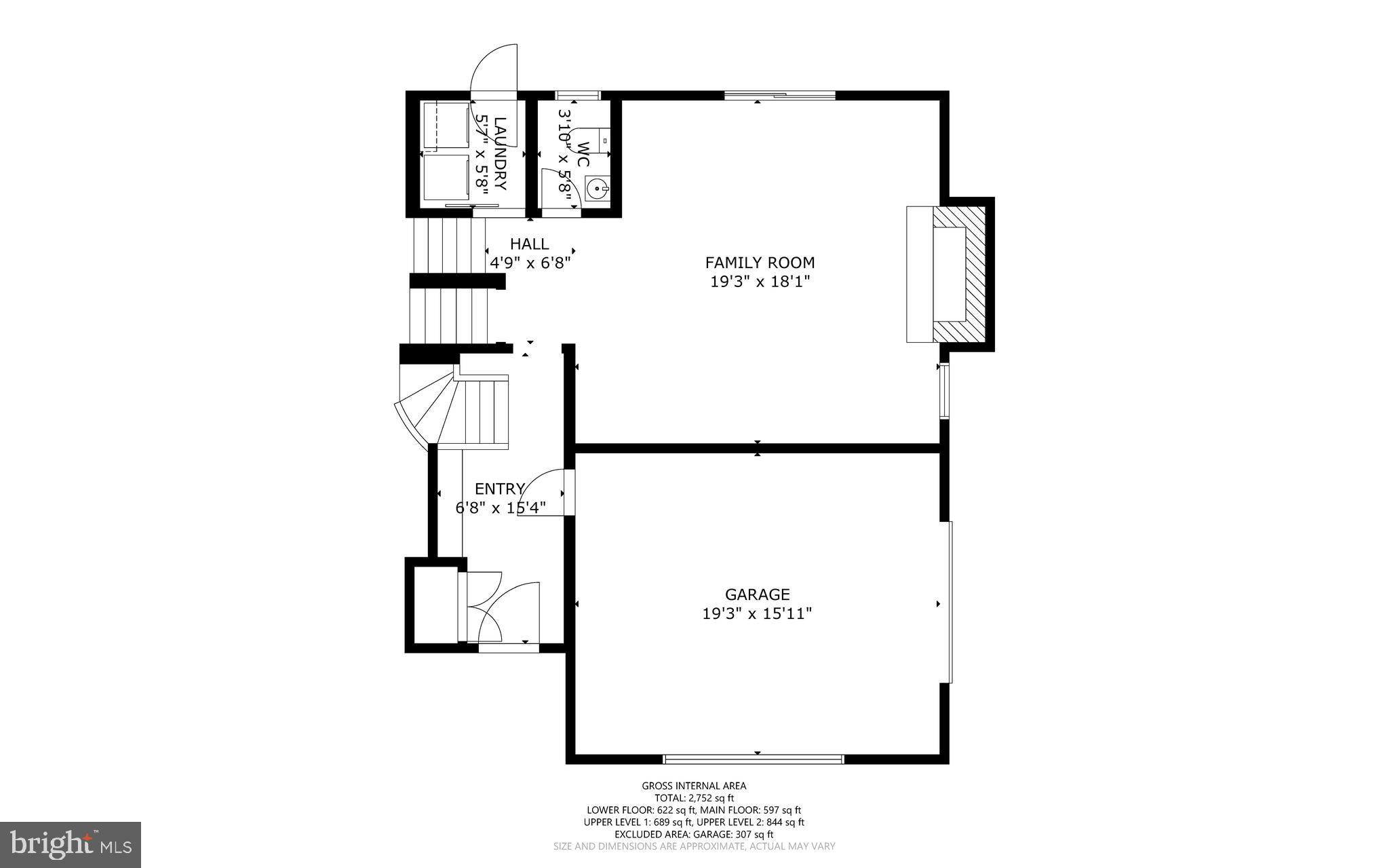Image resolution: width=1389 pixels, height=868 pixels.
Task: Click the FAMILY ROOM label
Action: click(x=760, y=263)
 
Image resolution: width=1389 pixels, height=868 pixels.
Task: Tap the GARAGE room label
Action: click(x=757, y=595)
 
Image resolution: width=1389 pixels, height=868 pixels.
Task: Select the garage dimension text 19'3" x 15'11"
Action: click(x=757, y=614)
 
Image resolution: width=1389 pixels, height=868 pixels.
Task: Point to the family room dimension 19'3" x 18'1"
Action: click(x=760, y=282)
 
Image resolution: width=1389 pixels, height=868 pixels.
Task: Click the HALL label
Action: click(x=529, y=244)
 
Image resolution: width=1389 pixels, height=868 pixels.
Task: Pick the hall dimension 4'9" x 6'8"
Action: click(x=530, y=262)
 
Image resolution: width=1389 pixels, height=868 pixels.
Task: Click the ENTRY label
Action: click(x=499, y=489)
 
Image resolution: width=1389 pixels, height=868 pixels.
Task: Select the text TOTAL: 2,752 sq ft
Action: click(x=694, y=798)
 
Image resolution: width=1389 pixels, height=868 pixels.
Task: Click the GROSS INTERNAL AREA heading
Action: click(x=694, y=786)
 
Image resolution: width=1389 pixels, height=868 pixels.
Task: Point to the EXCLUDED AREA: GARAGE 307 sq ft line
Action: click(x=694, y=834)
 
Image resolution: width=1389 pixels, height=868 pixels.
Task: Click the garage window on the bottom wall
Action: click(x=753, y=759)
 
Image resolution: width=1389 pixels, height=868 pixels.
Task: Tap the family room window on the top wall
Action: click(x=779, y=95)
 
